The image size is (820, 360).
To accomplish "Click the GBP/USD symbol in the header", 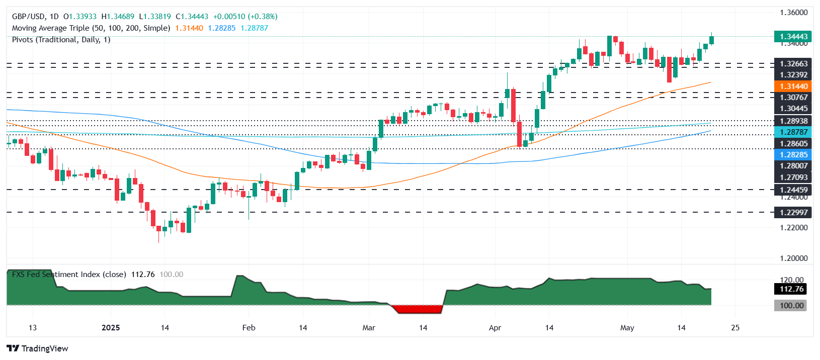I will tap(28, 17).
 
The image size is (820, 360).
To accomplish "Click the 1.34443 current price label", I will tap(793, 37).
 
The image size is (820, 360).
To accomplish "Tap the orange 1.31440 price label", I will tap(793, 86).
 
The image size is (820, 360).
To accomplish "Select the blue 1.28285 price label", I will tap(793, 155).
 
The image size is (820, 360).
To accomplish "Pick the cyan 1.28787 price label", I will tap(793, 132).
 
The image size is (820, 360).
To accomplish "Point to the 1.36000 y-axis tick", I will tap(793, 13).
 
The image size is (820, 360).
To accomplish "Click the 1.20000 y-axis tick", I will tap(793, 258).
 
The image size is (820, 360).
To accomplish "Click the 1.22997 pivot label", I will tap(793, 213).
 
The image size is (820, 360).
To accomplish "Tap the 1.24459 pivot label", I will tap(793, 190).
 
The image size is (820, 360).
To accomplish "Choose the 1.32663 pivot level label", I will tap(793, 64).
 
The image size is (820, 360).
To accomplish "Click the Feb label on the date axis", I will tap(249, 328).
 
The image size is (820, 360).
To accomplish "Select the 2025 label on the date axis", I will tap(111, 328).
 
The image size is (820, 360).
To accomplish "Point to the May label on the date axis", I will tap(627, 328).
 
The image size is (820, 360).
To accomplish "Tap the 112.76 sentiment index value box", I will tap(791, 289).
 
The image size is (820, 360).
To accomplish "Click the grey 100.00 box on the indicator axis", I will tap(791, 306).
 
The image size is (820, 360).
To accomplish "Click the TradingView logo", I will tap(38, 348).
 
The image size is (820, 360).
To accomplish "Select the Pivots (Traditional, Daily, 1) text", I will tap(61, 40).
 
